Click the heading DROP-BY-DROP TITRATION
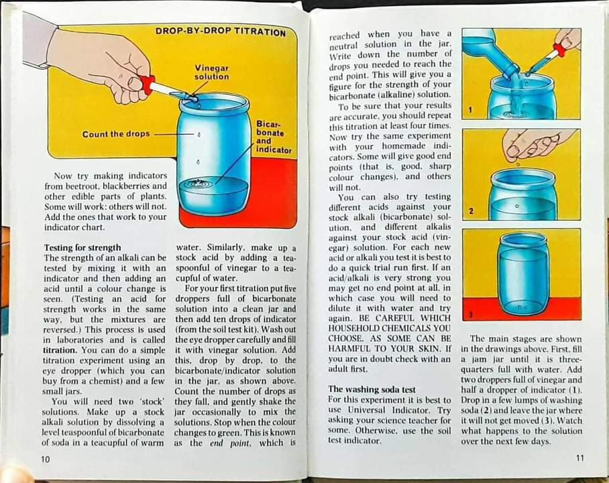click(221, 32)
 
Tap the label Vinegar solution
click(211, 72)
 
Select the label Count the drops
click(116, 134)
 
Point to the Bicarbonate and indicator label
click(274, 137)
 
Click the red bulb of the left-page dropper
click(147, 84)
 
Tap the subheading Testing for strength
click(82, 248)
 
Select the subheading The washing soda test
click(371, 389)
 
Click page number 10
click(46, 459)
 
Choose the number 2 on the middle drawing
click(471, 211)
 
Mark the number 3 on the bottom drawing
click(471, 313)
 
